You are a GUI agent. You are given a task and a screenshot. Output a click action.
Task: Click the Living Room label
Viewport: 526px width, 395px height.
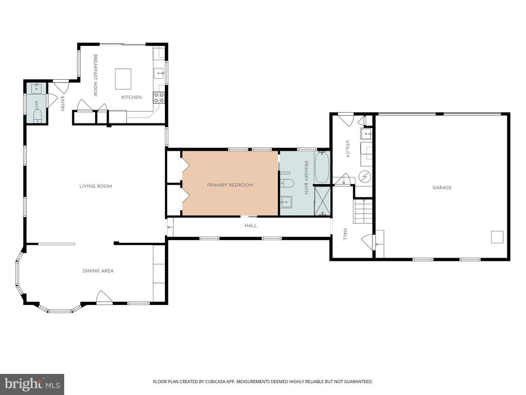tap(96, 186)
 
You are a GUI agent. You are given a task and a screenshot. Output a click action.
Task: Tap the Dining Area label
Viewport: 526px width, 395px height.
tap(98, 271)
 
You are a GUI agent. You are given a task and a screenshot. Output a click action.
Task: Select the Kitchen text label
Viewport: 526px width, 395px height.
tap(131, 97)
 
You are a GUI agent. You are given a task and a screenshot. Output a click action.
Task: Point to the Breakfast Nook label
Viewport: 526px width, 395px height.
tap(95, 75)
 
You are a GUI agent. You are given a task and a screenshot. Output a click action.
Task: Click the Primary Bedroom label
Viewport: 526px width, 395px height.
tap(230, 185)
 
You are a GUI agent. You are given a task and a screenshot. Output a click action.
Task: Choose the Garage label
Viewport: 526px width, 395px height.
tap(442, 187)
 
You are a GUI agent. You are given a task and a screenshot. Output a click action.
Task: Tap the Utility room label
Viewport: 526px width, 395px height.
tap(348, 149)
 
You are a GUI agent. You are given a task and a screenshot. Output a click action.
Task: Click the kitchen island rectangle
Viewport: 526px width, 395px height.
tap(123, 79)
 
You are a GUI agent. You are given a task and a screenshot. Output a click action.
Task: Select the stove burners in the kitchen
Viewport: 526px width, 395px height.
tap(159, 97)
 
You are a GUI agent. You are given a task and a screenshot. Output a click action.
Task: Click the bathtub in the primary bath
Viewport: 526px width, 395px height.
tap(322, 167)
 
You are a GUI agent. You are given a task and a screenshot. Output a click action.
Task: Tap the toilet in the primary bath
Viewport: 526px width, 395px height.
tap(287, 183)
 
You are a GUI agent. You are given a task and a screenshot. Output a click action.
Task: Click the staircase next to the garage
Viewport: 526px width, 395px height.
tap(363, 211)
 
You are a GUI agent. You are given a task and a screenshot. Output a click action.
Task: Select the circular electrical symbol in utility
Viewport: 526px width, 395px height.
tap(365, 176)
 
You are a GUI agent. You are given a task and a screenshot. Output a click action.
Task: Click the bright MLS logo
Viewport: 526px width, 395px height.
tap(32, 384)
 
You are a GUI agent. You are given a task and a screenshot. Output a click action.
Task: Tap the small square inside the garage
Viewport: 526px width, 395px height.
tap(497, 237)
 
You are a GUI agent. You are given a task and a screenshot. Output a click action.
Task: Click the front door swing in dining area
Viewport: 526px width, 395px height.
tap(104, 297)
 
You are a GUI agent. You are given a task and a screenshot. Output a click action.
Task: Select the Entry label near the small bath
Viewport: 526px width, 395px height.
tap(62, 104)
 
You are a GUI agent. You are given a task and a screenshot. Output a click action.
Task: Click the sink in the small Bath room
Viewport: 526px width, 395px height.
tap(36, 88)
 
